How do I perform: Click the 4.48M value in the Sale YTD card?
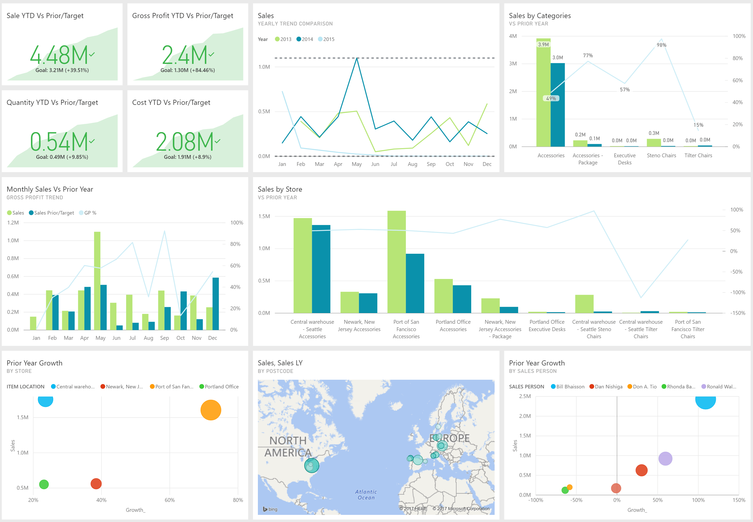point(59,55)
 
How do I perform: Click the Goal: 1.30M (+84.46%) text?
point(188,70)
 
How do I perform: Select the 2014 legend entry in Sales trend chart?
point(305,39)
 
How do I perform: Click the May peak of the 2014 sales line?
point(356,59)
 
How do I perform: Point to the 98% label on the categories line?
point(661,45)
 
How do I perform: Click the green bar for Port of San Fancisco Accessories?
point(397,262)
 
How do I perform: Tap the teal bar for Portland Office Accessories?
point(462,299)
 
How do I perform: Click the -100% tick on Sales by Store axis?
point(738,292)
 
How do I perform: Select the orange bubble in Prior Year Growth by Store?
point(210,410)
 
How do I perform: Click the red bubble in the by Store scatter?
point(96,484)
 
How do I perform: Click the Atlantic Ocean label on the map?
point(366,495)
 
